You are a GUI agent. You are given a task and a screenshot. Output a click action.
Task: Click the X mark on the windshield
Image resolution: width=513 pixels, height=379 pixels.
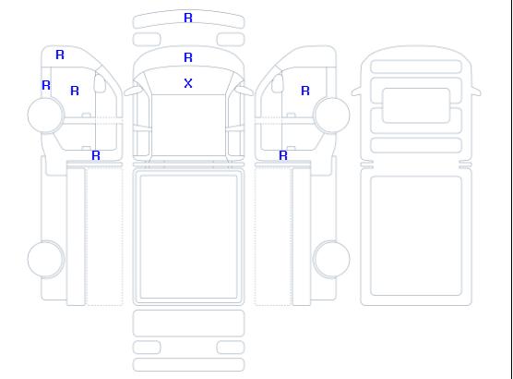pos(188,83)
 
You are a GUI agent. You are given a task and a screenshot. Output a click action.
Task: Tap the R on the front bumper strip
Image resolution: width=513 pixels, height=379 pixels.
pos(188,18)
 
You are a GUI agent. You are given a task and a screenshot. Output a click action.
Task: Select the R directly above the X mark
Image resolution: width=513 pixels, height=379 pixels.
pos(188,57)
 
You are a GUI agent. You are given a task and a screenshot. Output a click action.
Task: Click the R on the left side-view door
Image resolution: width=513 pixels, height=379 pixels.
pos(75,91)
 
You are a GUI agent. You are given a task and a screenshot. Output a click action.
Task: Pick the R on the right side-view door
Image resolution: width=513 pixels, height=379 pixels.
pos(305,91)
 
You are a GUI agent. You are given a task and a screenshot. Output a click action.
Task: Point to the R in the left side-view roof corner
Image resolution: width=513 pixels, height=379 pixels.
pos(60,55)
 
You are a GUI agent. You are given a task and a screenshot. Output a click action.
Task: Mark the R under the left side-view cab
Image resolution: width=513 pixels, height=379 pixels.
pos(96,155)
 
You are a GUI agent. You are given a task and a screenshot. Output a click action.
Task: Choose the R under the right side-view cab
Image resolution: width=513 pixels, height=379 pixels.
pos(283,155)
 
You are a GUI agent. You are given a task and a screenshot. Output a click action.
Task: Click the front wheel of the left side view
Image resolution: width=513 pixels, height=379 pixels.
pos(46,116)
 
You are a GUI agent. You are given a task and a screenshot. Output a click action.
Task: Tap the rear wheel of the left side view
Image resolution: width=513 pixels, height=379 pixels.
pos(46,259)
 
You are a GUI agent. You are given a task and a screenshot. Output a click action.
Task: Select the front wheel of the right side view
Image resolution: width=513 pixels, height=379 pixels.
pos(331,116)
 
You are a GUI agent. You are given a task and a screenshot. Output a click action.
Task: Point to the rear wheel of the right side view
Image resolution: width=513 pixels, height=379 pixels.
pos(331,259)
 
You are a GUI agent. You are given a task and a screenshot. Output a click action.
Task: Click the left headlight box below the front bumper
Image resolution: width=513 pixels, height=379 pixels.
pos(147,40)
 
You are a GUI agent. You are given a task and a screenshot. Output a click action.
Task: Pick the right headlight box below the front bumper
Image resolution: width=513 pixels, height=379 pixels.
pos(231,40)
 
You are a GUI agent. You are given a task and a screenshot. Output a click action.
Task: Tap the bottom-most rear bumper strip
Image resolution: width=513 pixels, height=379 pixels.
pos(188,365)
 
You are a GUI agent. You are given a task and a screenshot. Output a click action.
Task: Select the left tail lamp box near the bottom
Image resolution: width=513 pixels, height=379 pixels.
pos(147,348)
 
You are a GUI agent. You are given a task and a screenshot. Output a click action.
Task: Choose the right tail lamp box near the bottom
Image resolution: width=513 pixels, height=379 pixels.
pos(231,348)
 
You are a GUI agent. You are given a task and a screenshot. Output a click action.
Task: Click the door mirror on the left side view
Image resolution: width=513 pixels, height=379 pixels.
pos(100,83)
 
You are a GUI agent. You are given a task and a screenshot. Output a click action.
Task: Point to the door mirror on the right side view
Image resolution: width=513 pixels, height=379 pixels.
pos(278,83)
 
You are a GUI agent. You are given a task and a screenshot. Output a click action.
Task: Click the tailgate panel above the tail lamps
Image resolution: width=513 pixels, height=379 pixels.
pos(188,324)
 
